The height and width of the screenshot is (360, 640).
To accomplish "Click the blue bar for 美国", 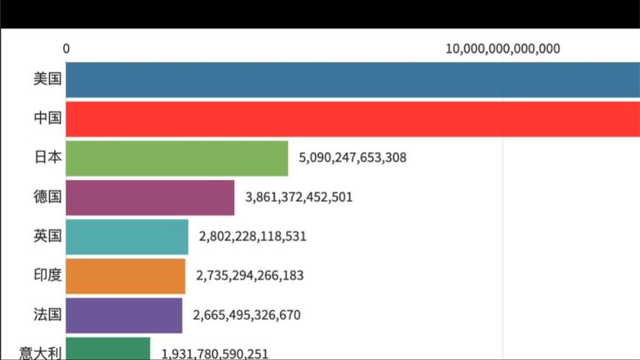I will pos(353,80).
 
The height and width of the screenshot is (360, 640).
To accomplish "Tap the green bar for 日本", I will pos(176,159).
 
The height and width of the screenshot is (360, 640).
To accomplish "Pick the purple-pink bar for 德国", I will pos(150,197).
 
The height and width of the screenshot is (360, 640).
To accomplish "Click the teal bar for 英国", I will pos(127,236).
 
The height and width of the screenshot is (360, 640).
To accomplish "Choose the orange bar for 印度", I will pos(125,276).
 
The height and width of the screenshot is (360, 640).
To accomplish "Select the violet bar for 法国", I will pos(124,315).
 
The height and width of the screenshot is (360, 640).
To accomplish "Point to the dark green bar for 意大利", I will pos(107,350).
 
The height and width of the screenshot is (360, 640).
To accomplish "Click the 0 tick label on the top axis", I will pos(67,49).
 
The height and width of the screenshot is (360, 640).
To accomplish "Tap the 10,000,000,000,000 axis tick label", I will pos(503,49).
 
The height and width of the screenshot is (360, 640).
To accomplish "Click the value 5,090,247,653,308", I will pos(353,158).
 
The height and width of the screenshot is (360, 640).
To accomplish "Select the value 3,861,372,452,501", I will pos(299,197).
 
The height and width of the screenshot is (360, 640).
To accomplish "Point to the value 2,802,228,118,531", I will pos(253,236).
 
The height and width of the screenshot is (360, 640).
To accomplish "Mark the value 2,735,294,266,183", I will pos(250,276).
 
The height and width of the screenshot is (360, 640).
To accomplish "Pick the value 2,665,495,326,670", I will pos(247,315).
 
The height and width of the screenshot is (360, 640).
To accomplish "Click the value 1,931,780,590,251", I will pos(215,353).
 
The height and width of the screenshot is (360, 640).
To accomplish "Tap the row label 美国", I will pos(47,79).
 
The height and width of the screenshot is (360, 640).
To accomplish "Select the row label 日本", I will pos(47,158).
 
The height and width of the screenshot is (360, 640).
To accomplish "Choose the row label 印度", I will pos(47,276).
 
